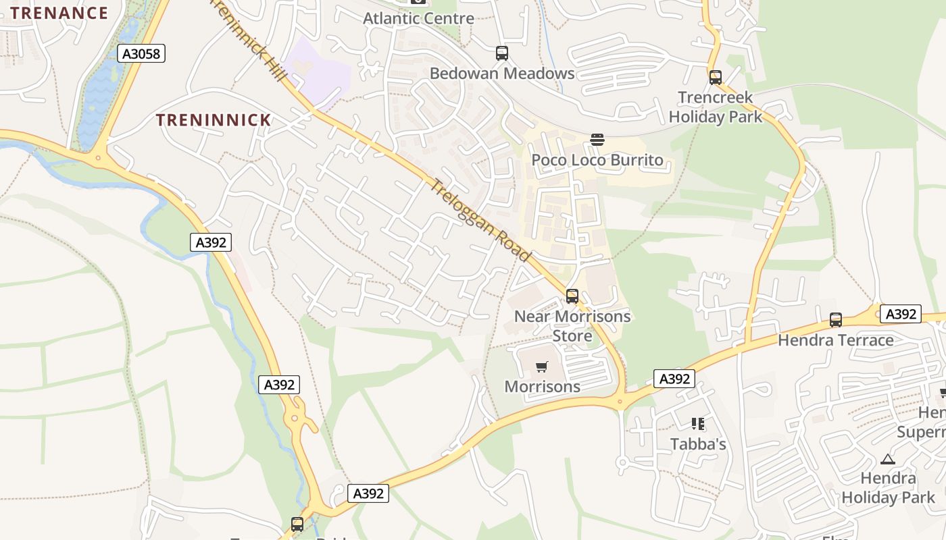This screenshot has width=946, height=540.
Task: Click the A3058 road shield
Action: click(x=141, y=53)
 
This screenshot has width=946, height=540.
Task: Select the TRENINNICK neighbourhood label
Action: click(x=214, y=120)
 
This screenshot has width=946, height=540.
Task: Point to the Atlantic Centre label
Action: click(x=418, y=18)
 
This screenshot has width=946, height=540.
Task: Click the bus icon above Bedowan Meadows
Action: click(x=501, y=53)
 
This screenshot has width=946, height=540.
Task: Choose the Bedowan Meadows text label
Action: click(x=502, y=73)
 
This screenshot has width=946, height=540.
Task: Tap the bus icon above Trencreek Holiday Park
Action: click(x=715, y=78)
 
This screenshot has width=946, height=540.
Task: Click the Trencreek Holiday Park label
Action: click(x=715, y=107)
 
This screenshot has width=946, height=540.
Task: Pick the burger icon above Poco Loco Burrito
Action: click(x=597, y=140)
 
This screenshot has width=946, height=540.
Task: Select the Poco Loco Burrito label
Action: click(x=597, y=161)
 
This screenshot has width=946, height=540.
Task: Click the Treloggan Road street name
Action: click(x=481, y=220)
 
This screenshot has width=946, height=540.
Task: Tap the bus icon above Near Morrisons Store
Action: click(x=572, y=296)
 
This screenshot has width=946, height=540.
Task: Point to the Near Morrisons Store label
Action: click(x=572, y=325)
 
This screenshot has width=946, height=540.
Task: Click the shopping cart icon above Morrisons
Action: click(x=541, y=367)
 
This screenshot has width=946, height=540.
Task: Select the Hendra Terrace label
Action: click(x=835, y=340)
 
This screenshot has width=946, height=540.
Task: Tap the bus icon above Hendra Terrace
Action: click(x=835, y=319)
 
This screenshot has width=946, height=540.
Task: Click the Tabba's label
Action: click(x=698, y=443)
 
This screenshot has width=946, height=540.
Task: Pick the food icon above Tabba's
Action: click(x=698, y=424)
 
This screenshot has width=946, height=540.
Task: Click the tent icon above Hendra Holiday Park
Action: click(x=887, y=459)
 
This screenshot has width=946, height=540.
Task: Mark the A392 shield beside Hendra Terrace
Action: click(x=900, y=314)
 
